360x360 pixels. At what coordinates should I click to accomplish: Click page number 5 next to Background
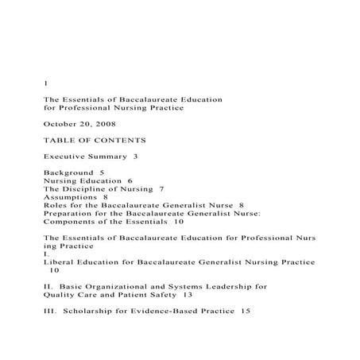pos(102,172)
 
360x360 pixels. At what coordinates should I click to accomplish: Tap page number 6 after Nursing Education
pos(130,181)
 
